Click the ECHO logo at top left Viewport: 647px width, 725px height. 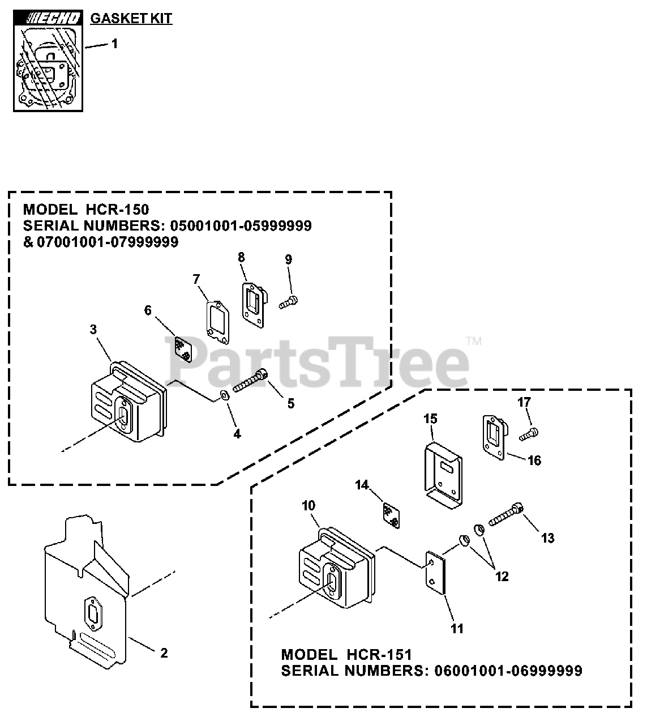click(49, 19)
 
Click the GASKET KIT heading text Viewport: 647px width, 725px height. click(131, 18)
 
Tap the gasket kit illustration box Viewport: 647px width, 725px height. click(49, 67)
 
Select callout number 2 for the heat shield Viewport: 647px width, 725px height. click(164, 653)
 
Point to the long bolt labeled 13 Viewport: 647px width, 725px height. click(505, 515)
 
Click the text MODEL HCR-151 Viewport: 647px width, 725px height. click(346, 655)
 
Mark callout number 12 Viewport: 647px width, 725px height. click(502, 577)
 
